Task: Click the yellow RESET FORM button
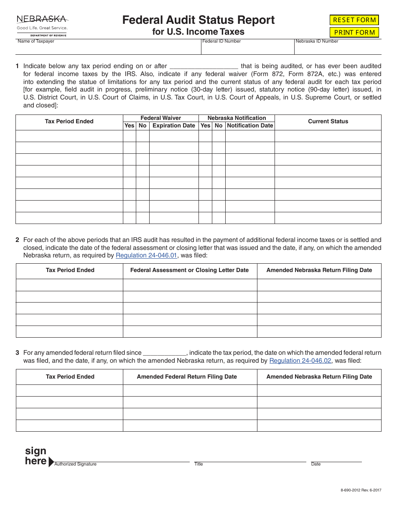point(354,20)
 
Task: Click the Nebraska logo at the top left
point(42,25)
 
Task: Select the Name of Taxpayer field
point(108,48)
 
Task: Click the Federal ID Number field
point(247,48)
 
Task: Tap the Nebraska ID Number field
point(338,48)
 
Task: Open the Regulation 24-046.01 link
point(146,255)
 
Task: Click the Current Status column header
point(328,121)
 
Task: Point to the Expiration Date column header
point(173,125)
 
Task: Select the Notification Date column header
point(250,125)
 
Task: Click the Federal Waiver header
point(160,118)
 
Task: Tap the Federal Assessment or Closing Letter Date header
point(189,270)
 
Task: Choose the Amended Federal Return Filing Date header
point(187,377)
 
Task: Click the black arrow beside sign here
point(51,462)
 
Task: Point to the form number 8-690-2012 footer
point(358,490)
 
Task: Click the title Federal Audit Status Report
point(198,20)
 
